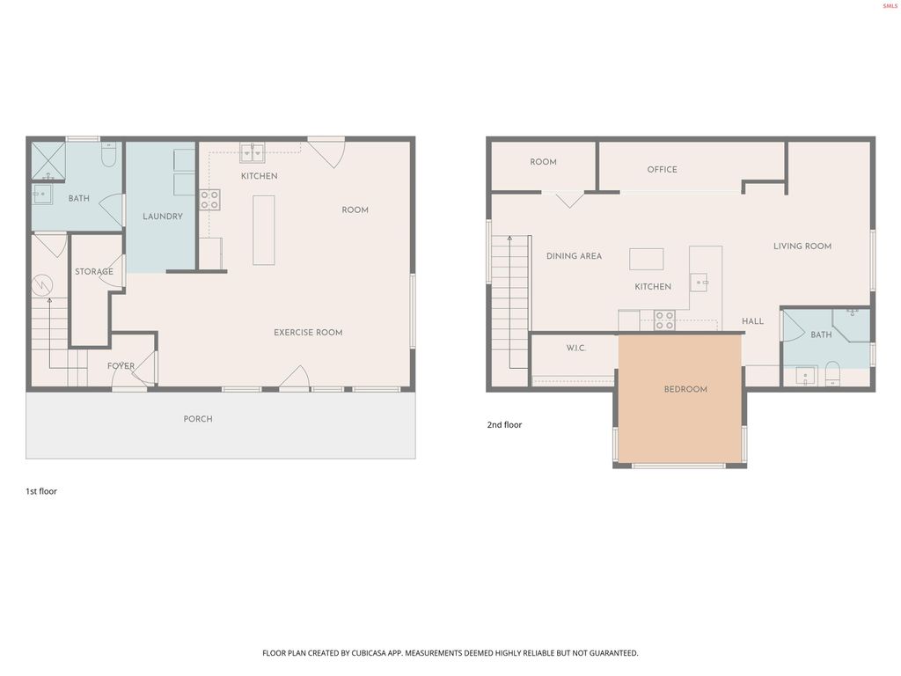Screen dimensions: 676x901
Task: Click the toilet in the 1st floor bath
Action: point(109,156)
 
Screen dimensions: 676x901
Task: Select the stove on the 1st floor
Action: point(209,200)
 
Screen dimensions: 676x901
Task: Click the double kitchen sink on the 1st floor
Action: point(253,153)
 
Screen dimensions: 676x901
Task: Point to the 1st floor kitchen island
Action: point(263,230)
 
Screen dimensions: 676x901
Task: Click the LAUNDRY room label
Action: point(163,217)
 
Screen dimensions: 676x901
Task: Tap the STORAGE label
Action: point(93,272)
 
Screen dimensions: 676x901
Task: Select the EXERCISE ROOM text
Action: point(308,333)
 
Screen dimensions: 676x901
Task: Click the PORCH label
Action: point(198,419)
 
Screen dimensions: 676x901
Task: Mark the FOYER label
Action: point(121,366)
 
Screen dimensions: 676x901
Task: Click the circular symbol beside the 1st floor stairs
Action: point(42,285)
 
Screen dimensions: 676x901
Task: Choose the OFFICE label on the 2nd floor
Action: point(662,170)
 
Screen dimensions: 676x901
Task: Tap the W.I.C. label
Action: point(575,349)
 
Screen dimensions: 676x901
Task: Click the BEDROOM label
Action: point(685,389)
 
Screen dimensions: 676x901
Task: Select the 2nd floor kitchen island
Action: point(647,259)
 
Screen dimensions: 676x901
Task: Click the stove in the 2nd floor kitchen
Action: point(664,320)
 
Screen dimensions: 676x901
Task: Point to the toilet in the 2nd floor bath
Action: point(832,376)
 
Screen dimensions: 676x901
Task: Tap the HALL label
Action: point(752,321)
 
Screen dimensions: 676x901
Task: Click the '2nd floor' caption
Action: point(504,425)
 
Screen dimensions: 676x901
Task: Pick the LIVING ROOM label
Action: point(802,246)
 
